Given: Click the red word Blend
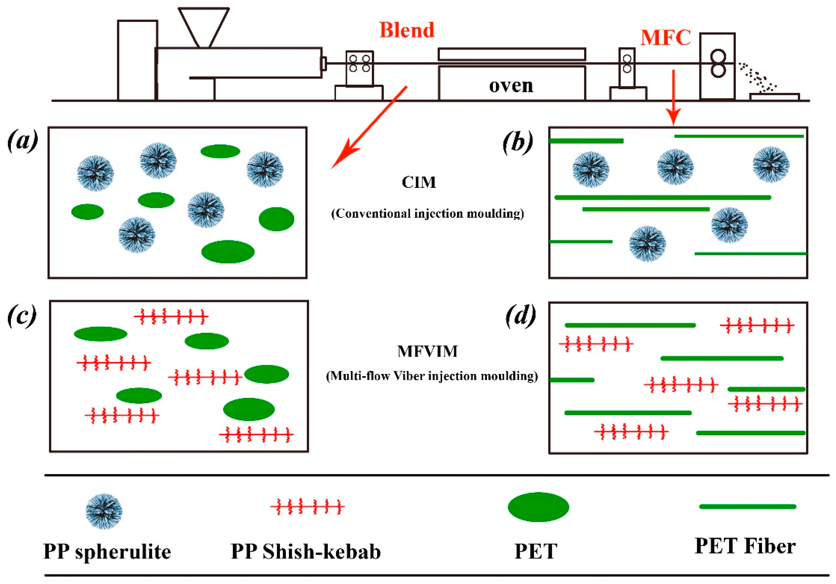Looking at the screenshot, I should click(407, 30).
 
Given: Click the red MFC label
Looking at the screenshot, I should click(666, 38).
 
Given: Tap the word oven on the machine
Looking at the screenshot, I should click(511, 86).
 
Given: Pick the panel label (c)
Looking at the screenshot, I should click(22, 316).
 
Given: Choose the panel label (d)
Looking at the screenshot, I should click(521, 316).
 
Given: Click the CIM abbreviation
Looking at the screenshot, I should click(419, 182).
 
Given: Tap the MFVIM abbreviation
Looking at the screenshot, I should click(427, 351).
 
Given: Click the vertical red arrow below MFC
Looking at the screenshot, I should click(674, 98).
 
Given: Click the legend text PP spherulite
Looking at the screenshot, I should click(107, 552).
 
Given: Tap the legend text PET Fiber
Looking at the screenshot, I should click(745, 546).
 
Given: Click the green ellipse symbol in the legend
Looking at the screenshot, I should click(538, 507).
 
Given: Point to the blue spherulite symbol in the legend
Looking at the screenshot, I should click(104, 511).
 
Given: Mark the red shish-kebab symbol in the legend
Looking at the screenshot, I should click(307, 506).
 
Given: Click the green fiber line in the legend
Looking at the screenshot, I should click(748, 506).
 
